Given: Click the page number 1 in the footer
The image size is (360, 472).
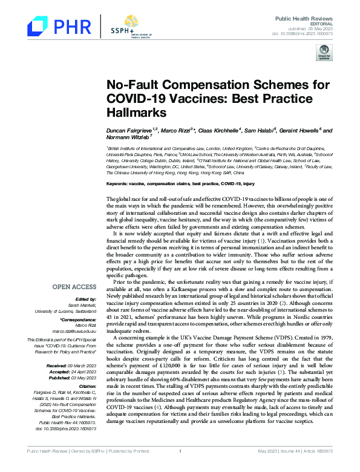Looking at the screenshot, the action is point(180,467).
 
